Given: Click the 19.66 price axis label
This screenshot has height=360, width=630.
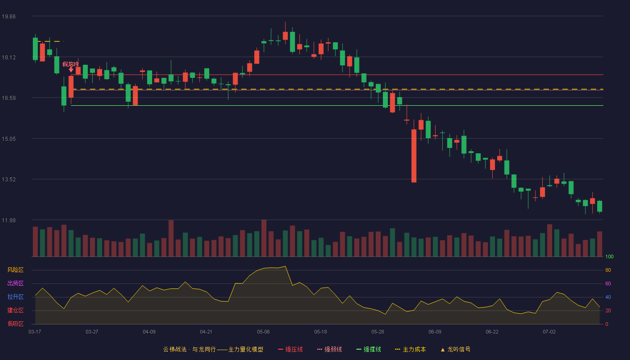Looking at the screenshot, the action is [x=9, y=17].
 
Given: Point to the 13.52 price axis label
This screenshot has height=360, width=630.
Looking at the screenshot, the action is [x=9, y=180].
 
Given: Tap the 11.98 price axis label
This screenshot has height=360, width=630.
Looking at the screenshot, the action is [x=9, y=220].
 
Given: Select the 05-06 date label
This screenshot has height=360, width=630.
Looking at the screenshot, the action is [x=263, y=332].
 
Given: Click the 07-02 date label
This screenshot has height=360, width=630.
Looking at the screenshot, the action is [x=549, y=332].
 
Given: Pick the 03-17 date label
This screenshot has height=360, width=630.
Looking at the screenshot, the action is [x=35, y=332].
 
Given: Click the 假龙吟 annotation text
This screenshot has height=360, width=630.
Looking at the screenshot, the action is [x=70, y=64].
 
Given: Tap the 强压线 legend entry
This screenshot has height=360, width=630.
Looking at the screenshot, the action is [x=290, y=349].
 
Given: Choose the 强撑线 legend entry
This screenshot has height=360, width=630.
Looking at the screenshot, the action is [x=369, y=349].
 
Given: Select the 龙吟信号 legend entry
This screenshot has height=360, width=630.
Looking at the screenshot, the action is [x=455, y=349].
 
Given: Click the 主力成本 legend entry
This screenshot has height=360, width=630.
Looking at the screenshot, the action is [x=410, y=349].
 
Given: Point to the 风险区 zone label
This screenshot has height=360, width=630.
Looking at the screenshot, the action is [x=15, y=270].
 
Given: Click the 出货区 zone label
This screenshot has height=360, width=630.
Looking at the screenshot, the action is [x=15, y=283].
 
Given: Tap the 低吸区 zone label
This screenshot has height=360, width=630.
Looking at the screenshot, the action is [x=15, y=324].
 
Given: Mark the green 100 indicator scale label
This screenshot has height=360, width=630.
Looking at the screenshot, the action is [x=609, y=256].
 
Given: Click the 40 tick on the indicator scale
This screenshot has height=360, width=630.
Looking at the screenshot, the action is [x=608, y=297].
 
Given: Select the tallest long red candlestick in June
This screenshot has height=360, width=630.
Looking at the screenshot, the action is [x=414, y=156].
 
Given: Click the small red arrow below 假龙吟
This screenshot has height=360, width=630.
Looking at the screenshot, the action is [x=71, y=70].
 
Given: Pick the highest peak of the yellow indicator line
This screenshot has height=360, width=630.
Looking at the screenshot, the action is [x=285, y=266].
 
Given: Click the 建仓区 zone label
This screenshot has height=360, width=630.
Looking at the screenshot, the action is [x=15, y=310].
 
